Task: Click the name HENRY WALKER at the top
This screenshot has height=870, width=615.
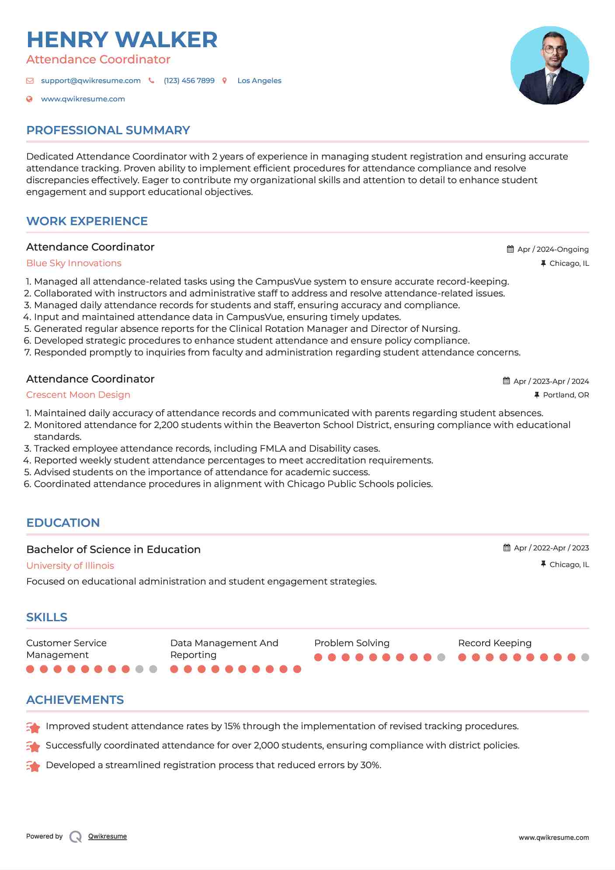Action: pyautogui.click(x=122, y=40)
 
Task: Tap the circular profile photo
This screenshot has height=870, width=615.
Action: pyautogui.click(x=549, y=66)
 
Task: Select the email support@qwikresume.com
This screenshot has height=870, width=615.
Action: pyautogui.click(x=90, y=80)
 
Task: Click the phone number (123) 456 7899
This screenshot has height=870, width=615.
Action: pyautogui.click(x=189, y=80)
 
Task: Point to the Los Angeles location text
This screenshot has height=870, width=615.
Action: pyautogui.click(x=259, y=80)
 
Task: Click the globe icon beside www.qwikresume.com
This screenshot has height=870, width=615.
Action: pyautogui.click(x=29, y=99)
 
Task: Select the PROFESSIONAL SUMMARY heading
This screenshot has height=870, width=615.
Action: pyautogui.click(x=108, y=130)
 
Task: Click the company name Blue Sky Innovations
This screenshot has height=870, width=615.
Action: pyautogui.click(x=74, y=263)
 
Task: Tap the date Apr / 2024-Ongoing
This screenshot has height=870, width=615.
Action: pyautogui.click(x=552, y=249)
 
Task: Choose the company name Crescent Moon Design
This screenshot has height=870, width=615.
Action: pyautogui.click(x=78, y=395)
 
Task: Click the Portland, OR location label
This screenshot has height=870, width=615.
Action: pyautogui.click(x=566, y=395)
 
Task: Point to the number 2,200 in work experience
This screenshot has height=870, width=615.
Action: pyautogui.click(x=166, y=425)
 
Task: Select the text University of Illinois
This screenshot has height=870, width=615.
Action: pyautogui.click(x=70, y=566)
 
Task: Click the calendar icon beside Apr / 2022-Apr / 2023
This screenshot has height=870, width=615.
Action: pyautogui.click(x=507, y=548)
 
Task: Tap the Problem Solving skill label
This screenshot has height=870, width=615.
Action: pyautogui.click(x=351, y=643)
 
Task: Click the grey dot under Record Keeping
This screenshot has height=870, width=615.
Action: pyautogui.click(x=585, y=657)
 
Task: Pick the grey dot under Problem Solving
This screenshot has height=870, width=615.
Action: pyautogui.click(x=441, y=657)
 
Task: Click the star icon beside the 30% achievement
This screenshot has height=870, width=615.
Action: pyautogui.click(x=33, y=766)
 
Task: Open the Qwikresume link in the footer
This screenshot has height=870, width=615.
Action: pyautogui.click(x=107, y=836)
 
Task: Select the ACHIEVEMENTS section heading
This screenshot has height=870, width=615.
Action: pyautogui.click(x=75, y=700)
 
